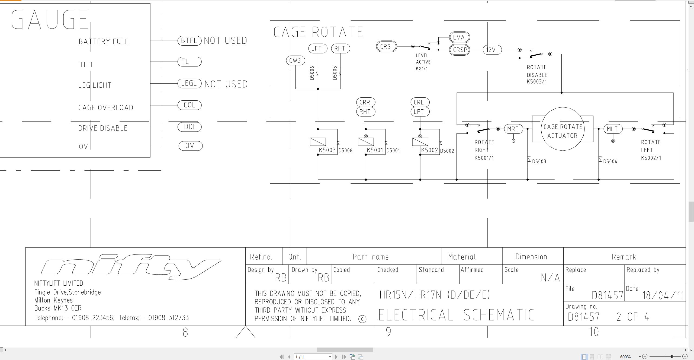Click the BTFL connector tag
click(189, 41)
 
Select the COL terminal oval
click(189, 105)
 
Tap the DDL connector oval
click(189, 127)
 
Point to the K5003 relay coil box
click(318, 142)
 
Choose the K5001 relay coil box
click(366, 142)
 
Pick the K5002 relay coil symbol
click(420, 142)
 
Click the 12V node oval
click(492, 50)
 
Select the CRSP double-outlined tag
click(460, 50)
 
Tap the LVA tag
click(460, 37)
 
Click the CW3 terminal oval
click(295, 60)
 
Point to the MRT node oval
click(513, 129)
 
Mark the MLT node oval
click(613, 129)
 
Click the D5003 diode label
click(539, 162)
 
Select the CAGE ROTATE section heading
click(318, 32)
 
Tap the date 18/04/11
click(663, 295)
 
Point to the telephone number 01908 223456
click(93, 318)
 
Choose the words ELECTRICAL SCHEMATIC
click(456, 315)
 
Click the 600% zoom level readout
click(625, 357)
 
